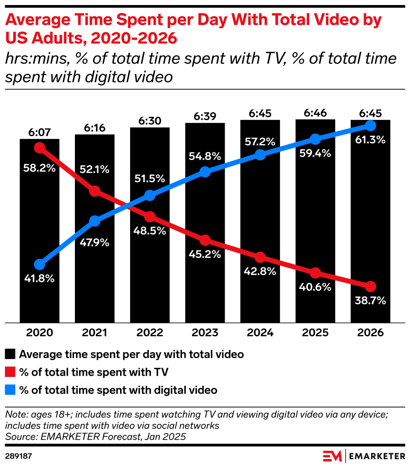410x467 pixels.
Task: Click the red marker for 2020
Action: [x=39, y=147]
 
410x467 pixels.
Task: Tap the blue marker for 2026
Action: [x=370, y=125]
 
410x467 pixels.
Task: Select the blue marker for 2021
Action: [x=95, y=221]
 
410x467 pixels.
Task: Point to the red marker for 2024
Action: [x=260, y=257]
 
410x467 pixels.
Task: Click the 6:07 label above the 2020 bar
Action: [x=39, y=132]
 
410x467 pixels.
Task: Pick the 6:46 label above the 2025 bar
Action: [x=315, y=113]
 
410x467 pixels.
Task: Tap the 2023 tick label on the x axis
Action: [x=205, y=333]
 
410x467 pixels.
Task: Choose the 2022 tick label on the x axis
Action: [x=150, y=333]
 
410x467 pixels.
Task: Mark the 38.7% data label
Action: [x=370, y=301]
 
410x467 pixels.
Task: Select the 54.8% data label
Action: [x=205, y=157]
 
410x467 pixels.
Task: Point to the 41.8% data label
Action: [x=39, y=279]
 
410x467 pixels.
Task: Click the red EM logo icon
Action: [x=332, y=456]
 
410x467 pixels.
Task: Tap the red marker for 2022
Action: [x=150, y=217]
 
